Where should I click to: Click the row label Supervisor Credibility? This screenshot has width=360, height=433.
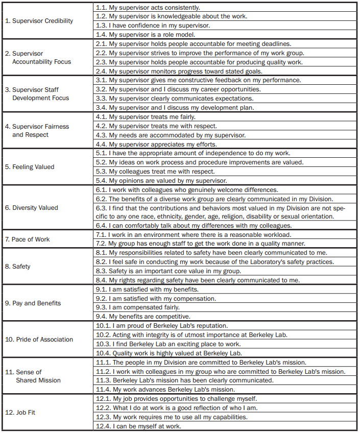(39, 21)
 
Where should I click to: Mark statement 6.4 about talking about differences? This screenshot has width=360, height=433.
(194, 226)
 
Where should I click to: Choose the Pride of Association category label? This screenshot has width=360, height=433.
(39, 340)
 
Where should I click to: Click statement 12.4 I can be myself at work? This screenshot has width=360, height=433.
(138, 426)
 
